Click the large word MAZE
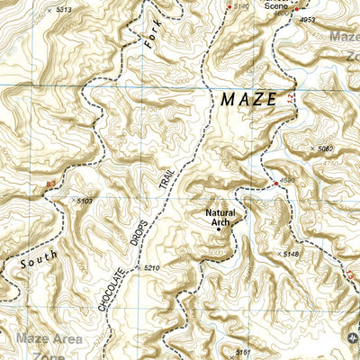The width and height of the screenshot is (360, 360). [x=248, y=99]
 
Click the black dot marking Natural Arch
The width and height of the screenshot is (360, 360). [x=217, y=229]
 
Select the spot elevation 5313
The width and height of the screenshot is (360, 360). [x=58, y=8]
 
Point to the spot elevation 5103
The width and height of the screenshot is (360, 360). [x=85, y=202]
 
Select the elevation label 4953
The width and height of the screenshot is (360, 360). [x=309, y=19]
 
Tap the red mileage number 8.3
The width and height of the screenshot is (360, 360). [x=50, y=184]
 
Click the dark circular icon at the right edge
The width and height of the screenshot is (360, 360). [x=351, y=337]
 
